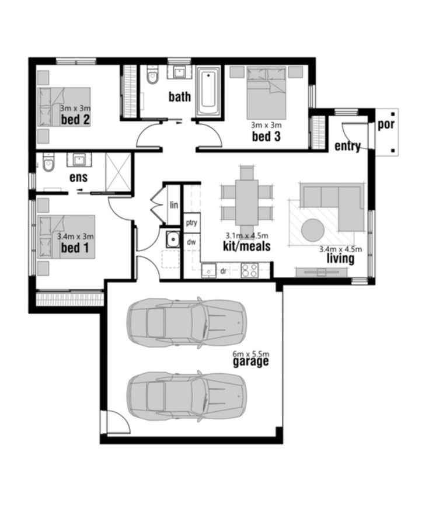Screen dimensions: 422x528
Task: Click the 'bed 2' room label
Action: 75,120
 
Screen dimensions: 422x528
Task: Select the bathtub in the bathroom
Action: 208,91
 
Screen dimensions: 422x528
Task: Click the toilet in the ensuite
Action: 49,162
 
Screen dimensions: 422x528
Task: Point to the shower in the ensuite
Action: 118,172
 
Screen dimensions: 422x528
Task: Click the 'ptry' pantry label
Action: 191,223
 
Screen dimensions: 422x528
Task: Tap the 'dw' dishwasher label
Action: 191,242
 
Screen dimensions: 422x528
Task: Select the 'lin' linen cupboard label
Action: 174,204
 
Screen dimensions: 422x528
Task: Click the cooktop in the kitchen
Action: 250,270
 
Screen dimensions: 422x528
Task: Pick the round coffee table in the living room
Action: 313,230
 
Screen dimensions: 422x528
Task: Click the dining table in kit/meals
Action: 247,202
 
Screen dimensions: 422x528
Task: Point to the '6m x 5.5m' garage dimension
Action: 251,354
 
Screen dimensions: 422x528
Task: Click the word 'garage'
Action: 251,362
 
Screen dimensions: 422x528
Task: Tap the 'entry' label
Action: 348,147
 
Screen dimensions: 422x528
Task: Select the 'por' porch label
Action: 386,124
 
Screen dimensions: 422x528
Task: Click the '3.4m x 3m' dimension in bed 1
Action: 75,237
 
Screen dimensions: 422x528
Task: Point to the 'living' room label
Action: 340,259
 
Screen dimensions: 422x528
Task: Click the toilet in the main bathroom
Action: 152,75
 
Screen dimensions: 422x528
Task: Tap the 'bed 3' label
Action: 266,137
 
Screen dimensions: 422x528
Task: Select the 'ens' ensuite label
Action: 78,178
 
